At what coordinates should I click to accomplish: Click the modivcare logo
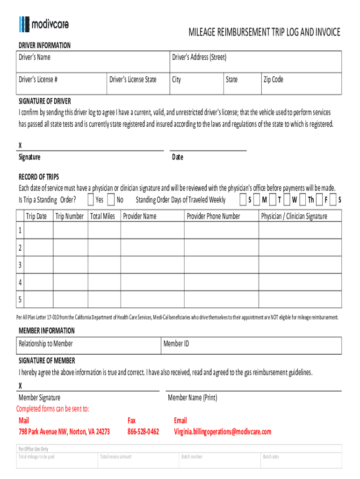click(x=44, y=24)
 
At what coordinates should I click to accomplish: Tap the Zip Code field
click(x=301, y=84)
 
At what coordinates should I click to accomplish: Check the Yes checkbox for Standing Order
click(x=91, y=200)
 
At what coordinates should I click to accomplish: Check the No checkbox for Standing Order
click(x=111, y=200)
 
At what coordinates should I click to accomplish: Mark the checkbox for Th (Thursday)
click(x=302, y=200)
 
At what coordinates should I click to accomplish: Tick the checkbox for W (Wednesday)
click(x=287, y=200)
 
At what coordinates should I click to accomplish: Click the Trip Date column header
click(x=36, y=216)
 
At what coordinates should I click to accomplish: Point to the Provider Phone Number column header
click(x=213, y=216)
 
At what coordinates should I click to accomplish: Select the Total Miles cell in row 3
click(x=104, y=265)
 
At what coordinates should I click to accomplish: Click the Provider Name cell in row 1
click(x=151, y=230)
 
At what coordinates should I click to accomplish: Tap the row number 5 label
click(x=20, y=299)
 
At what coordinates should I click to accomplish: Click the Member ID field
click(x=251, y=346)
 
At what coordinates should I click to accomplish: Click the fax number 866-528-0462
click(x=143, y=432)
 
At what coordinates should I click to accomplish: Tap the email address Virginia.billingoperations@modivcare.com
click(x=222, y=432)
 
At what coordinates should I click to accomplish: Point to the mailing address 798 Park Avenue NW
click(x=64, y=432)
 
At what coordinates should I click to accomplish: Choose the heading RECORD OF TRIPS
click(x=39, y=177)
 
